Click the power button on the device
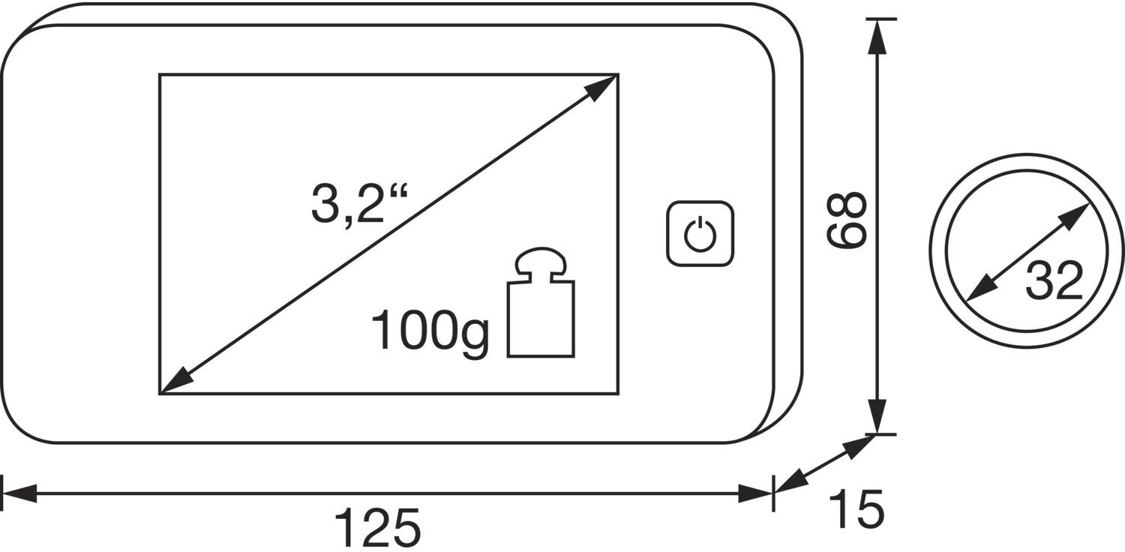tap(700, 233)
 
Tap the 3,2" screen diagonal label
tap(358, 205)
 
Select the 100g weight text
tap(430, 331)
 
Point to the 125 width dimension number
tap(376, 528)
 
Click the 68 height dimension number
tap(847, 220)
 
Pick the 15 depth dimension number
tap(856, 509)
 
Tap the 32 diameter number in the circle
tap(1054, 280)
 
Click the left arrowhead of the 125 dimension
tap(18, 493)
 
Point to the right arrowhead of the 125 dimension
tap(756, 493)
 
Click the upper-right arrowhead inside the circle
tap(1078, 214)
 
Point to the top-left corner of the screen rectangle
tap(160, 74)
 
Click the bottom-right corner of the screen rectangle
tap(618, 393)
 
